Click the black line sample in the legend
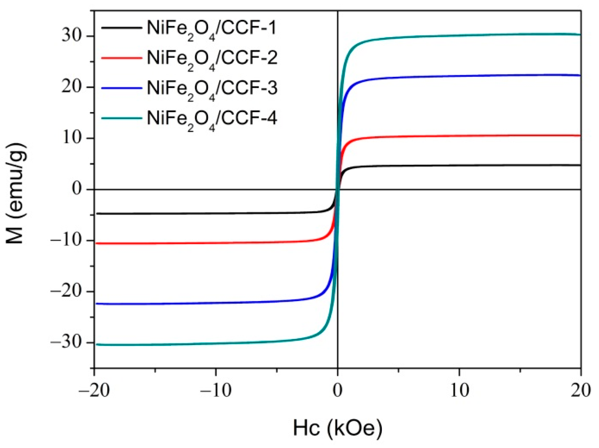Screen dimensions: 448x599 [x=122, y=28]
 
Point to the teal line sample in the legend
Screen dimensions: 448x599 [x=122, y=118]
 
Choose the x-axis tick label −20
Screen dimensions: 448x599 [x=94, y=391]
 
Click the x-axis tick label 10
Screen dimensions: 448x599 [x=459, y=391]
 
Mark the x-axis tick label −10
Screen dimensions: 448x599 [x=216, y=391]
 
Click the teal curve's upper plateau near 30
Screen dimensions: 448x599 [x=473, y=35]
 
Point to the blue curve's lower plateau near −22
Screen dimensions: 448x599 [x=189, y=303]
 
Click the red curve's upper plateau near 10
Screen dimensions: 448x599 [x=473, y=136]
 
